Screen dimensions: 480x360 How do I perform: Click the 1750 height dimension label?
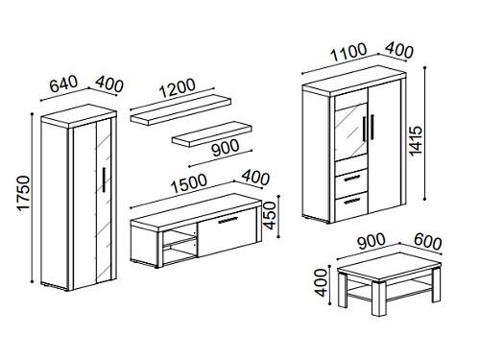coord(24,193)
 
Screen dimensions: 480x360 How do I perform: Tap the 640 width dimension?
coord(64,84)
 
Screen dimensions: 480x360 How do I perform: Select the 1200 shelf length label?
coord(177,87)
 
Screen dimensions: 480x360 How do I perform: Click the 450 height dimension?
coord(269,215)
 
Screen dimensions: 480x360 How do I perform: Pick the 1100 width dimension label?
coord(348,52)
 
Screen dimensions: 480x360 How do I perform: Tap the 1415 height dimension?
coord(417,141)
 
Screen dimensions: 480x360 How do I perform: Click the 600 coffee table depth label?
coord(427,242)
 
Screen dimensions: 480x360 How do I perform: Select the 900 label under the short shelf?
coord(226,148)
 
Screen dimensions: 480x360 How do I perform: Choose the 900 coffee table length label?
coord(372,241)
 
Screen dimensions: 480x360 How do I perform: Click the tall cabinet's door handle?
coord(104,180)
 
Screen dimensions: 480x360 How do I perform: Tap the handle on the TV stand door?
coord(228,220)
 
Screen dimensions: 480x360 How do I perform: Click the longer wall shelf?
coord(180,109)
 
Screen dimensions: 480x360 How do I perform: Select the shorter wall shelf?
coord(212,133)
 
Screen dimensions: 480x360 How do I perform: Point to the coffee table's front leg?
coord(379,300)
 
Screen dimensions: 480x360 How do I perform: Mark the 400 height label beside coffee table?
coord(321,282)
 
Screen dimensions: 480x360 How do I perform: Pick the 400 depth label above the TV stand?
coord(255,178)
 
